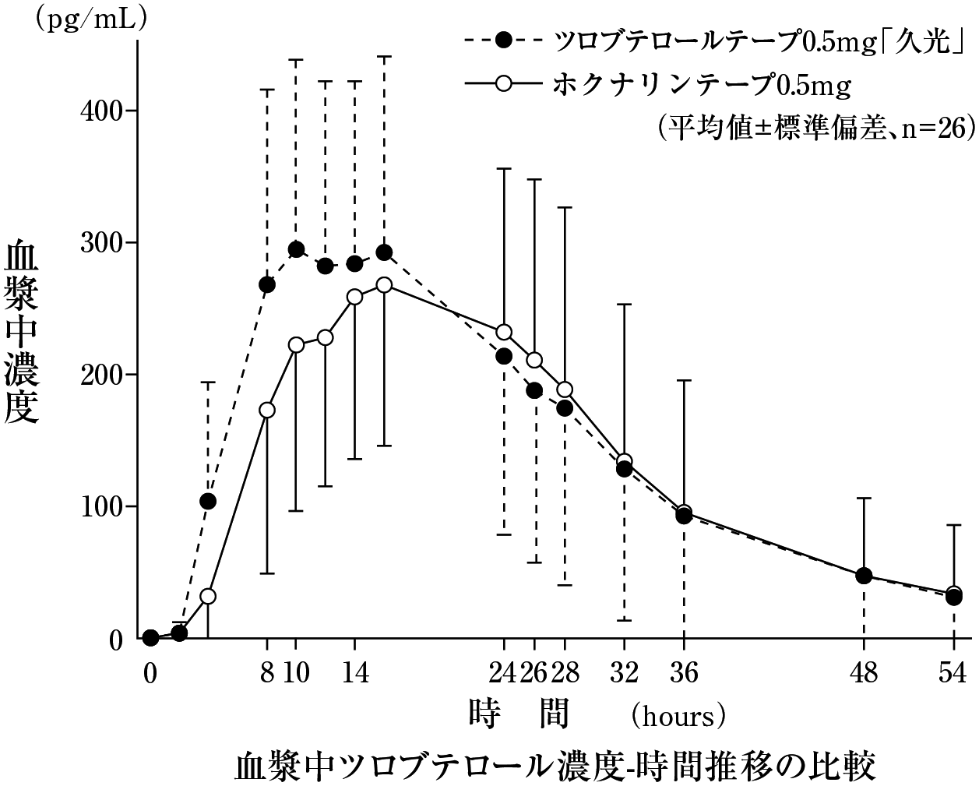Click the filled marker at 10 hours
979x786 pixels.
tap(296, 249)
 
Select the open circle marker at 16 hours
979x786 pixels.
tap(384, 285)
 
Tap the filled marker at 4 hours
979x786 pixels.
tap(208, 501)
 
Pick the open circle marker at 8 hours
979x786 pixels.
tap(267, 410)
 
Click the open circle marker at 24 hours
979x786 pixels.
tap(504, 333)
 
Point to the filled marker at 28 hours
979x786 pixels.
tap(565, 408)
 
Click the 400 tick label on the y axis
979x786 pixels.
tap(102, 111)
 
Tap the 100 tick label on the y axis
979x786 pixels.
tap(102, 507)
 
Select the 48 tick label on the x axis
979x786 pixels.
tap(864, 671)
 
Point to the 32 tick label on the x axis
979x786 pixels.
tap(624, 671)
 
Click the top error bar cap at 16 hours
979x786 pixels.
tap(384, 57)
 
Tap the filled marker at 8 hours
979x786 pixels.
tap(267, 285)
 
